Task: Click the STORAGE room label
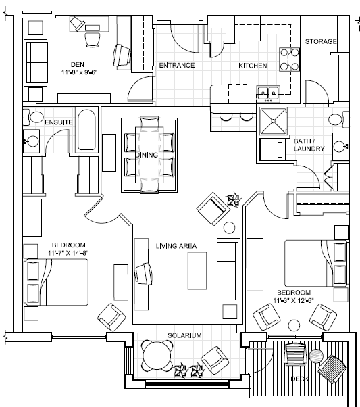[321, 41]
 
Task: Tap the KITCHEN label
[253, 66]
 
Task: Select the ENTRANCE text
[177, 65]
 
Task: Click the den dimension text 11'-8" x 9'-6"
[80, 72]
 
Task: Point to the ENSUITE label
[59, 122]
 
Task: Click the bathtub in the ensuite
[86, 130]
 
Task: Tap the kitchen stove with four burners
[289, 59]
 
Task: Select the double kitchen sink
[268, 93]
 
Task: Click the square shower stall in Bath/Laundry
[274, 121]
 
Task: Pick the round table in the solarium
[157, 356]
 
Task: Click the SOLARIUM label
[184, 335]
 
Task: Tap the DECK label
[299, 379]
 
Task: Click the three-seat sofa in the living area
[228, 271]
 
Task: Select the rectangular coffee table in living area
[197, 270]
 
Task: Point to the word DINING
[147, 155]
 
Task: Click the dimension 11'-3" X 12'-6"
[293, 301]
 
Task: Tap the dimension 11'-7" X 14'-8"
[68, 253]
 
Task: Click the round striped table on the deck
[316, 356]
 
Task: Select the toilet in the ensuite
[34, 118]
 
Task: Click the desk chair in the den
[93, 39]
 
